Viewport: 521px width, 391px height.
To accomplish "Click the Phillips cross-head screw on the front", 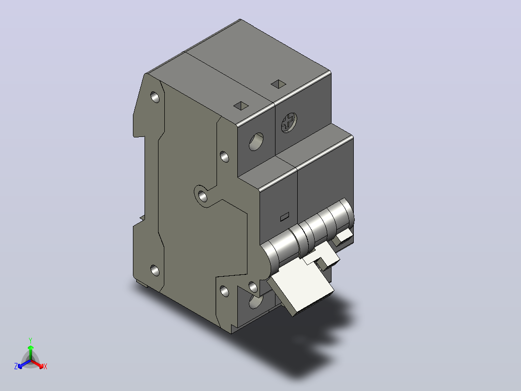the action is (x=289, y=122).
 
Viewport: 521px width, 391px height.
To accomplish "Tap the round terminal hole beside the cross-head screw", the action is (x=256, y=142).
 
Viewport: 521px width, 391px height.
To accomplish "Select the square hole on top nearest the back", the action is (x=278, y=84).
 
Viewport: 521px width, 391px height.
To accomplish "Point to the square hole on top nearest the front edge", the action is (x=241, y=106).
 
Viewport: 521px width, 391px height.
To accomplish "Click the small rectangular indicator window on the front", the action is (x=285, y=217).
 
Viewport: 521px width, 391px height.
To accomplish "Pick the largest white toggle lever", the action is (x=301, y=293).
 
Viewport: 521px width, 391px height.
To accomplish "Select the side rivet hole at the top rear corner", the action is (x=155, y=97).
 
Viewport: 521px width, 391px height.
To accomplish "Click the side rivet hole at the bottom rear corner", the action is (x=155, y=270).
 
